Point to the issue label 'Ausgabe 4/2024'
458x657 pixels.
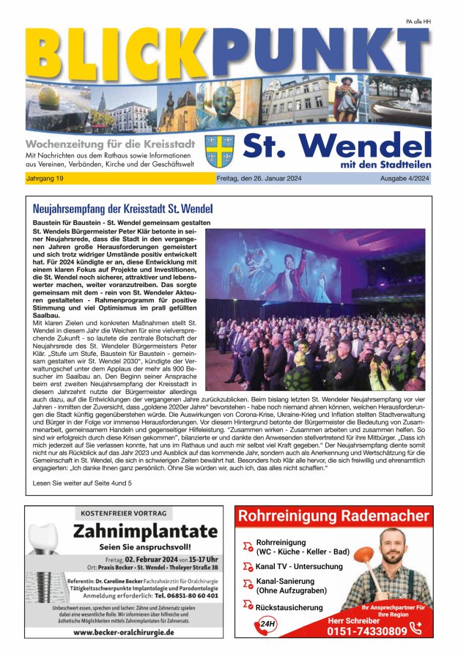(x=405, y=179)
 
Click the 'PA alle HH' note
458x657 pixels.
(x=418, y=22)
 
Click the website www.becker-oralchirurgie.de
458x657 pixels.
(x=123, y=631)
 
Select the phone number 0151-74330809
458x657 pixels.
(x=366, y=631)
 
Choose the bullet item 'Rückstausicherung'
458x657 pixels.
(x=289, y=607)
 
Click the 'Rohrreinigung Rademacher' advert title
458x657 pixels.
(x=333, y=517)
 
